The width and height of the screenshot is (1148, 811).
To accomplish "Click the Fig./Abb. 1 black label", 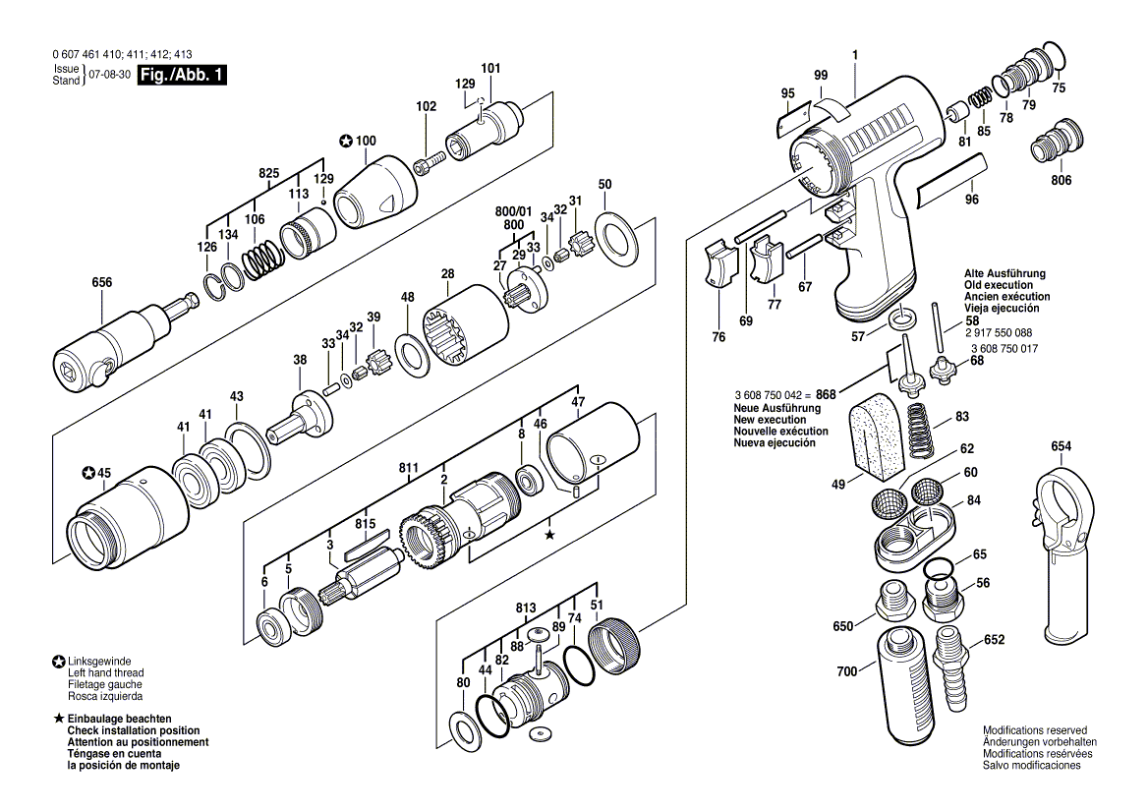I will coord(182,76).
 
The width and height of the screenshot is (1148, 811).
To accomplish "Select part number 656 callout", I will coord(102,283).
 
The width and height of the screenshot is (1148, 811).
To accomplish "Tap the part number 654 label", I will coord(1061,446).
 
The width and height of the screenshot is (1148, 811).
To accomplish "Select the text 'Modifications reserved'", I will coord(1035,730).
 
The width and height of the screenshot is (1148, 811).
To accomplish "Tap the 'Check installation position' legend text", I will coord(133,730).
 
